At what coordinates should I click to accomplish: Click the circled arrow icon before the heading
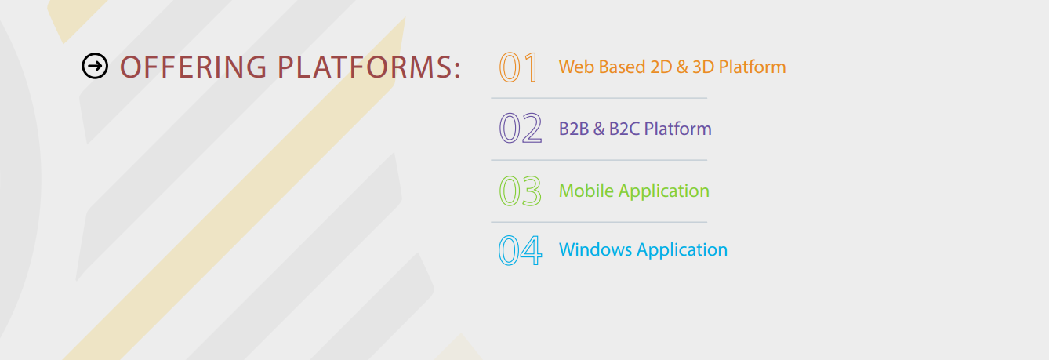tap(95, 66)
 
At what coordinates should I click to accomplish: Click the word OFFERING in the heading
tap(194, 67)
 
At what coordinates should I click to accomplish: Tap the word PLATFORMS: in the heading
tap(369, 67)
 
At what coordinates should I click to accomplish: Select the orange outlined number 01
tap(518, 67)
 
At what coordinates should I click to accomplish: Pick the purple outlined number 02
tap(521, 128)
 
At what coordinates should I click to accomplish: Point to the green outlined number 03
tap(521, 191)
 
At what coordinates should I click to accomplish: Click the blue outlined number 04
tap(521, 250)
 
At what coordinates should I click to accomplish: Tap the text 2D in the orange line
tap(661, 67)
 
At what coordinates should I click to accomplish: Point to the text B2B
tap(574, 129)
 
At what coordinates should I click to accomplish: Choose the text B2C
tap(624, 129)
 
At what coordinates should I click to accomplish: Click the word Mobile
tap(586, 191)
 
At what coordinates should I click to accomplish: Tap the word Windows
tap(596, 250)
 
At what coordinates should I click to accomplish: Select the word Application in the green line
tap(664, 191)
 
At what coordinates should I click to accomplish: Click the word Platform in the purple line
tap(677, 129)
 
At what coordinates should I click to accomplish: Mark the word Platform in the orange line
tap(752, 67)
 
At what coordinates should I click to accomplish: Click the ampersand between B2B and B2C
tap(599, 129)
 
